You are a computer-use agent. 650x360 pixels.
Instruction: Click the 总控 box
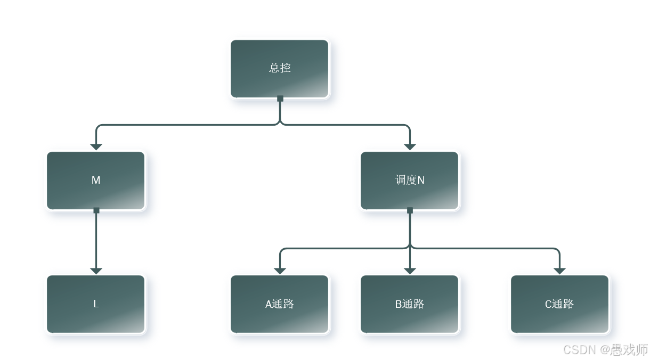pos(280,69)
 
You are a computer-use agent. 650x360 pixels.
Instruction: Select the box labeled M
pos(96,181)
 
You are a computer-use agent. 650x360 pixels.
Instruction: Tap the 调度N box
pos(409,181)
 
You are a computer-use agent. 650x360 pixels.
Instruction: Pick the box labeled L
pos(96,304)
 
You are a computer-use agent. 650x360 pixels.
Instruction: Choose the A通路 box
pos(280,304)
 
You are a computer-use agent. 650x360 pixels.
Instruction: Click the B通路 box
pos(409,304)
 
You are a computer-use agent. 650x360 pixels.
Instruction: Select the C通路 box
pos(559,304)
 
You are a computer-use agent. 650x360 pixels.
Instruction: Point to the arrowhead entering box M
pos(96,147)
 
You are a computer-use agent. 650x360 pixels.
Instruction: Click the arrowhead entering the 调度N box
pos(410,147)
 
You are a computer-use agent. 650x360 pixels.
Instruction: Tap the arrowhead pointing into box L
pos(96,271)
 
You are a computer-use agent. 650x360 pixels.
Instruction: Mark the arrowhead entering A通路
pos(280,271)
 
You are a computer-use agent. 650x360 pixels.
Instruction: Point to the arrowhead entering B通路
pos(410,271)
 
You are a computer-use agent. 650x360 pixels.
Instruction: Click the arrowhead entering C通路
pos(559,271)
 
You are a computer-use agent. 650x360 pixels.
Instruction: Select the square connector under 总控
pos(280,99)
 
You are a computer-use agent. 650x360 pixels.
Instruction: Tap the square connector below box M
pos(96,210)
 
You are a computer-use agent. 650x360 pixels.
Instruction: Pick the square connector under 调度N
pos(410,210)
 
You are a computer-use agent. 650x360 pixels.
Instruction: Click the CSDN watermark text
pos(605,349)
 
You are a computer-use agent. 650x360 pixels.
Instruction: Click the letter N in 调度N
pos(421,181)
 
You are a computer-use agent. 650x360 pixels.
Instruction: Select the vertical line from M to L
pos(96,240)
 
